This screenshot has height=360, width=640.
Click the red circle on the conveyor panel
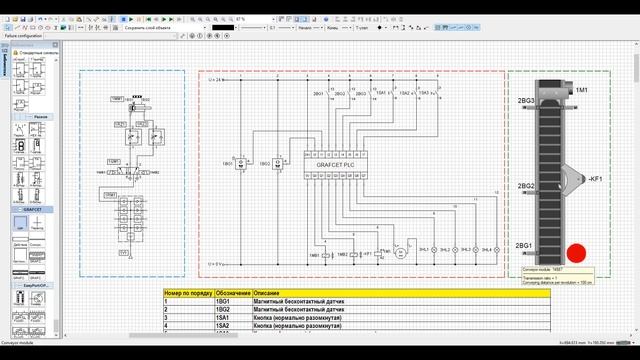577,255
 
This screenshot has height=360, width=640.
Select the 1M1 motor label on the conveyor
582,91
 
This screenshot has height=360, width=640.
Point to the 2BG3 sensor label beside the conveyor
525,102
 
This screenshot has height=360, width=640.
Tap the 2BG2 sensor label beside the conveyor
525,186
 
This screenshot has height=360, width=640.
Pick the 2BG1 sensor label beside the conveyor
525,246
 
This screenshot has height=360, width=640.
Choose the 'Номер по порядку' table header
188,293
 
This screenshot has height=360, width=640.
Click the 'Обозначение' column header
233,293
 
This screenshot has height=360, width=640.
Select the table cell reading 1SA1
224,318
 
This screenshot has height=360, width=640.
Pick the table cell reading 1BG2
224,310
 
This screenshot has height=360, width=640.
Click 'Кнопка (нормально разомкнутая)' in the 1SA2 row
301,326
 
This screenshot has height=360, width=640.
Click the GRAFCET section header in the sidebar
34,210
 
